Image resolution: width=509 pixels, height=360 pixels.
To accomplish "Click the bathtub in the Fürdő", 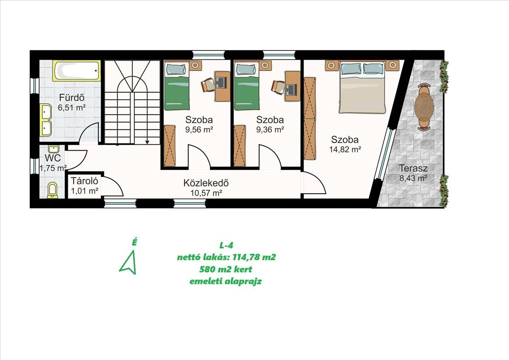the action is tap(77, 70).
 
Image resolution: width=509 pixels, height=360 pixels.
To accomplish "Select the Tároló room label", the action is tap(84, 181).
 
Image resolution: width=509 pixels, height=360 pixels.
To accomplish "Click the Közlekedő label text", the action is tap(206, 183).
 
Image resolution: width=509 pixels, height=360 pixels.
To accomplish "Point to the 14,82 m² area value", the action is tap(345, 149).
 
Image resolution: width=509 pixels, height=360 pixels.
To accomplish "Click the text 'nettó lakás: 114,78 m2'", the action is tap(227, 257).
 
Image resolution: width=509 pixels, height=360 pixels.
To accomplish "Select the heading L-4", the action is tap(227, 245).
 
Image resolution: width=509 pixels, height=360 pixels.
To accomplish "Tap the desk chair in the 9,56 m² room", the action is tap(207, 84).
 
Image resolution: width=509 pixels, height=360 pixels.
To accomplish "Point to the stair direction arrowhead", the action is tap(147, 142).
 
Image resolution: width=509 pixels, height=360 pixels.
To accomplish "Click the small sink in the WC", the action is tap(53, 149).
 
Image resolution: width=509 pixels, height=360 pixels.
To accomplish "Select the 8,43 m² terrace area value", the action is tap(413, 178).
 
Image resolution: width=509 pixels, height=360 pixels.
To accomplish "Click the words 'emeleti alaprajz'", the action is tap(226, 281).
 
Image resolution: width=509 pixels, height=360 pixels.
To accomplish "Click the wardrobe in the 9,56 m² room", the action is tap(170, 145).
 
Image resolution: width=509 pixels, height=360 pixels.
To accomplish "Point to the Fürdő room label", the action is tap(72, 98).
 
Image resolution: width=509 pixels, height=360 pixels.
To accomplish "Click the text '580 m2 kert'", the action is tap(226, 269).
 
